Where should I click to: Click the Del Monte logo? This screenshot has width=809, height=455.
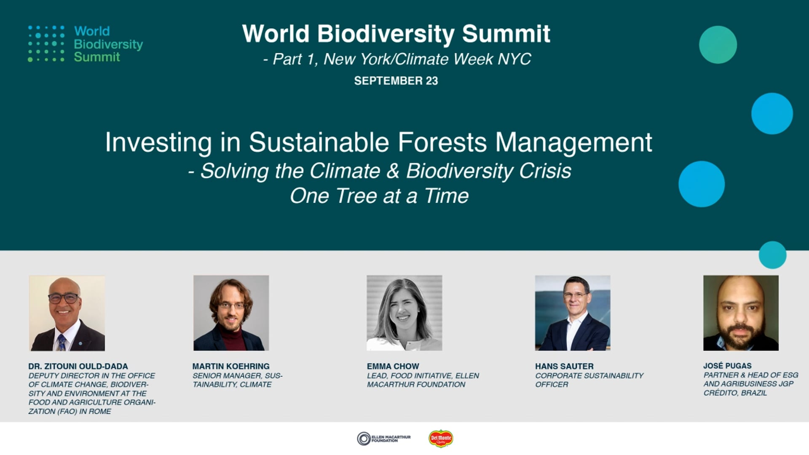coord(440,439)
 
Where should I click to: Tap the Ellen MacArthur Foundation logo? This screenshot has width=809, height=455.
coord(383,439)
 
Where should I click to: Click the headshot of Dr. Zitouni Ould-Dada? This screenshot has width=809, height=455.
coord(67,313)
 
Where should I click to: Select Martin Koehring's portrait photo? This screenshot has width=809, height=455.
coord(231,313)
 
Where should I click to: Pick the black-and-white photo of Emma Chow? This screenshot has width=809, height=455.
coord(404,313)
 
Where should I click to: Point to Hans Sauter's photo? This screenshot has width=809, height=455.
coord(572,313)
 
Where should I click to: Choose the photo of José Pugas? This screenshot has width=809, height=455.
coord(741,313)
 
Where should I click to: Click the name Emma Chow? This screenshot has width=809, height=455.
coord(393,366)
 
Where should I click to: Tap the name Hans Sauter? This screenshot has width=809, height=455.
coord(564,366)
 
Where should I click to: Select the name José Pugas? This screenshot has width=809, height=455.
coord(727,366)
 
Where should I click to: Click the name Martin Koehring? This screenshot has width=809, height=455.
coord(231,366)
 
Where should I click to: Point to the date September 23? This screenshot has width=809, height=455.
coord(396,80)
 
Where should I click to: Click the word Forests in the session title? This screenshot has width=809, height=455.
coord(442,142)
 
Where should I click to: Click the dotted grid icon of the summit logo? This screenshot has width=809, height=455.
coord(46,43)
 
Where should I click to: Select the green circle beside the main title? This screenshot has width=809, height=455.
coord(718,45)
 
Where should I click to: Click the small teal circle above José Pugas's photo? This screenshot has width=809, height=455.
coord(772,255)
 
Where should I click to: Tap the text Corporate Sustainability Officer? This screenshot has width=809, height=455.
coord(589,380)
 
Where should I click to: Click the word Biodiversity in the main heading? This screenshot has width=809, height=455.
coord(386,34)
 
